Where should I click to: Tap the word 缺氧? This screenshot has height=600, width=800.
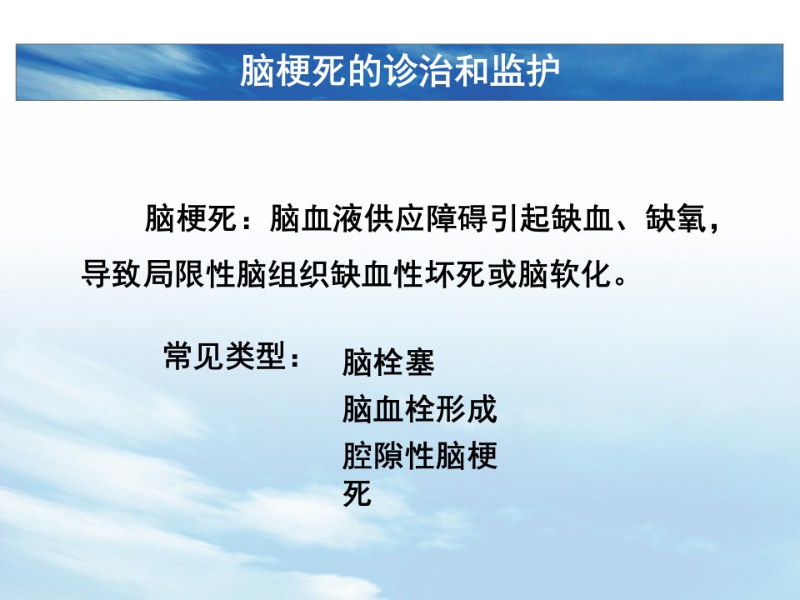coord(676,218)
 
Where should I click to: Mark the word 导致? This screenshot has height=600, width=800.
coord(112,274)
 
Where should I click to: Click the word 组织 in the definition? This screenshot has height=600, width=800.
coord(298,274)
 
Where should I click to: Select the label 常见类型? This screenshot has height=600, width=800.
coord(225,356)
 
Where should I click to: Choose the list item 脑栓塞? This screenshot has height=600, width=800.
coord(388,362)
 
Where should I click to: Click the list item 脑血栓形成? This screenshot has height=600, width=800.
coord(419,408)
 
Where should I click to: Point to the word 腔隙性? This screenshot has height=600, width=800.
coord(388,455)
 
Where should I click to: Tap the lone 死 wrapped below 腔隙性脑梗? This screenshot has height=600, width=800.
coord(357,492)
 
